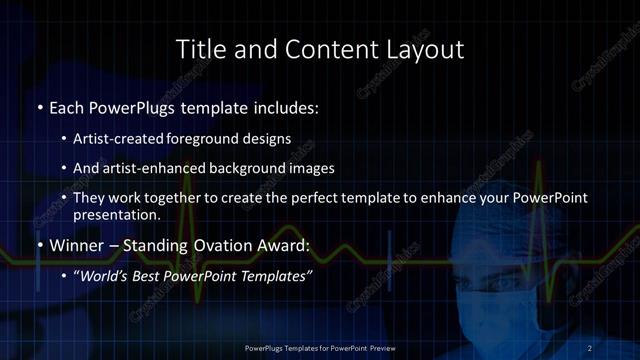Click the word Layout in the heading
(421, 49)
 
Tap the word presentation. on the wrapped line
(117, 215)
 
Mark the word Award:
(285, 245)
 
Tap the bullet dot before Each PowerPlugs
(39, 106)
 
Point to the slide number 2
(590, 347)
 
